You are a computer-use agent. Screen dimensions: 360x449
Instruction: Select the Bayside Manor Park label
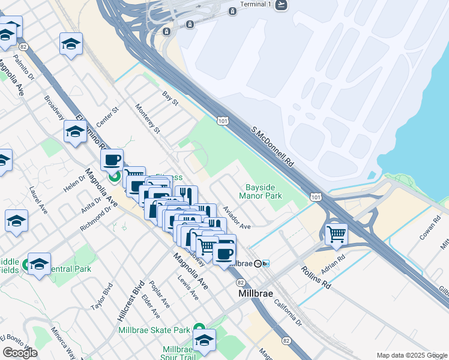[x=261, y=191]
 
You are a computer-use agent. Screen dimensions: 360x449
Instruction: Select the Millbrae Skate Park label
[x=154, y=330]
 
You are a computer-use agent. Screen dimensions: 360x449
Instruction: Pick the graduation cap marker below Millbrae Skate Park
[x=204, y=340]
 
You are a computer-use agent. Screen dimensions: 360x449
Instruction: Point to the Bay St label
[x=170, y=98]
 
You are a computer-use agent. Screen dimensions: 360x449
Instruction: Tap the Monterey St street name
[x=148, y=119]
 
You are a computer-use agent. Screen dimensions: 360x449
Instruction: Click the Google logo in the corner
[x=20, y=353]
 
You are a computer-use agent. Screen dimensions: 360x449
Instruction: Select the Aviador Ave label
[x=237, y=218]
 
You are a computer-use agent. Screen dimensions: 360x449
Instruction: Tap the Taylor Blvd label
[x=101, y=296]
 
